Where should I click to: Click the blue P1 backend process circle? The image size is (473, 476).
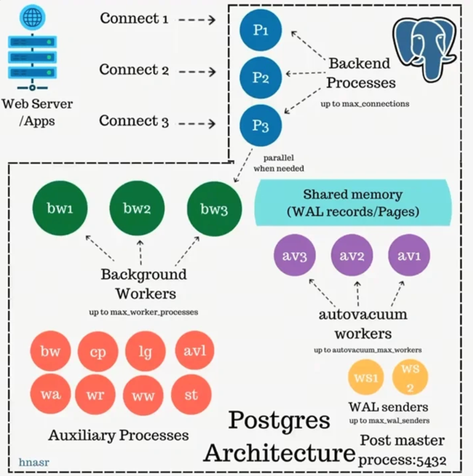[261, 30]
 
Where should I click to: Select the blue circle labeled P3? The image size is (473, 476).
[261, 126]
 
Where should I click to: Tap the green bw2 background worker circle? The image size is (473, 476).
[137, 208]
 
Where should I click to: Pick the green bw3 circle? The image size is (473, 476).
[214, 209]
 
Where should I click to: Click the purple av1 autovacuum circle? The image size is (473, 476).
[409, 255]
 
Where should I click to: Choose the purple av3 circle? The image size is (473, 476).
[294, 255]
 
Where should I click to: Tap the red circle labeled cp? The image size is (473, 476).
[98, 351]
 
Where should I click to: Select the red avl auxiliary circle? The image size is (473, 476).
[194, 350]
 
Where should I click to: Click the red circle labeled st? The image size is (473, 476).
[191, 394]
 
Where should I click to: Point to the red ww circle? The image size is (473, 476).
[143, 395]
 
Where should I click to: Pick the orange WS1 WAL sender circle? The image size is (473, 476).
[366, 378]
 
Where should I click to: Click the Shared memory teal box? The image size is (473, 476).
[353, 203]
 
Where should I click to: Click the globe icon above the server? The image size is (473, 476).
[32, 17]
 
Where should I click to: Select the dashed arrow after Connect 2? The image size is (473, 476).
[197, 72]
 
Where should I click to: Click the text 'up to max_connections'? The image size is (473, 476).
[365, 104]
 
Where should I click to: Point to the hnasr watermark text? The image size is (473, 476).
[34, 462]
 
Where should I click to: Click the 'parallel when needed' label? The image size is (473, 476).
[279, 163]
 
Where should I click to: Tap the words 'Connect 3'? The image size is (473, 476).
[134, 121]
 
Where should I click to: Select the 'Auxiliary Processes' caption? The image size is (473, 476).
[118, 435]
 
